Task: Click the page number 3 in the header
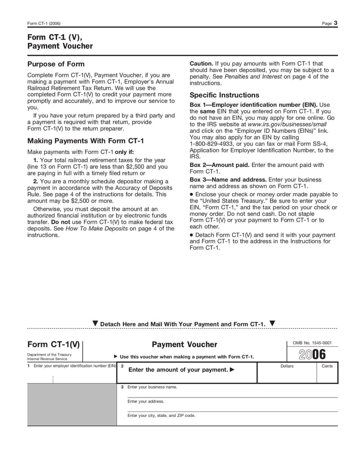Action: click(336, 23)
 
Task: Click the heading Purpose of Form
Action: click(56, 64)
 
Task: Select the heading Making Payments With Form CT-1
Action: click(85, 140)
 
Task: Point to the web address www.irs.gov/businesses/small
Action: click(287, 124)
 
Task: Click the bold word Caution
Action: click(201, 63)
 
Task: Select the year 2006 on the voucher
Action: click(312, 354)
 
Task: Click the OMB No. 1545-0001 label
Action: click(312, 343)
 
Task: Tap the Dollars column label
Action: click(287, 366)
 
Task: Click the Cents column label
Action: click(327, 366)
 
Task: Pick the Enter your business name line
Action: click(153, 387)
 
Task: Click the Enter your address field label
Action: click(146, 401)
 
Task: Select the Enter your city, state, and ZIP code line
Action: click(162, 416)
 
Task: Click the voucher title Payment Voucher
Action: click(184, 344)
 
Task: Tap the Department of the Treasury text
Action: click(49, 355)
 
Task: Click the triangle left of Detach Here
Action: click(94, 324)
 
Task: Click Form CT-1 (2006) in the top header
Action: click(44, 23)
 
